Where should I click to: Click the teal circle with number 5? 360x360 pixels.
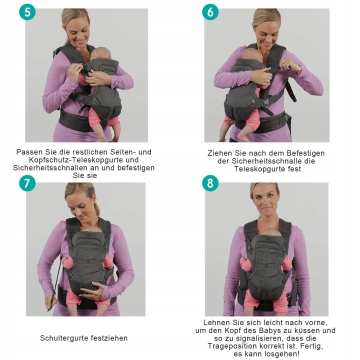27,12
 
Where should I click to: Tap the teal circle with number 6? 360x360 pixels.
210,12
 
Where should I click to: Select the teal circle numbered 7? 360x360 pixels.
27,183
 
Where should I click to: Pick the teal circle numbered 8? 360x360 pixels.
210,183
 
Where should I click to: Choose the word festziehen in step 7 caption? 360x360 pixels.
109,338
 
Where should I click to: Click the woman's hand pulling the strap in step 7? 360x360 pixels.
50,302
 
